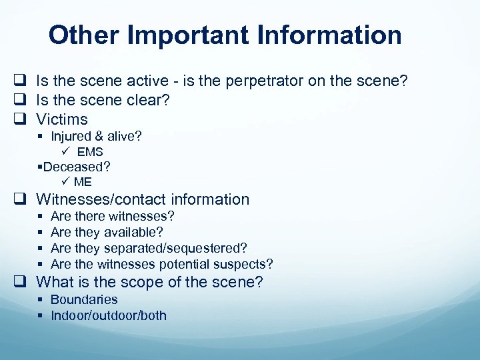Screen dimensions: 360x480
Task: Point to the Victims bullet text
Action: [x=62, y=119]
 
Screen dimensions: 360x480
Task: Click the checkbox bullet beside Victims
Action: [x=21, y=120]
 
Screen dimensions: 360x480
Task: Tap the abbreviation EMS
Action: [x=90, y=152]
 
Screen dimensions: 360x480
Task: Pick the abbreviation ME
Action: [x=83, y=182]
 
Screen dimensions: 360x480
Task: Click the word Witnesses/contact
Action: [x=101, y=199]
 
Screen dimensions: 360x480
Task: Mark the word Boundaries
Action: [x=84, y=299]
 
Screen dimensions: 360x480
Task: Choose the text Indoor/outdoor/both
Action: [x=109, y=315]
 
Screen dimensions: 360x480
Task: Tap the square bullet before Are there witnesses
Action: [x=41, y=217]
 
